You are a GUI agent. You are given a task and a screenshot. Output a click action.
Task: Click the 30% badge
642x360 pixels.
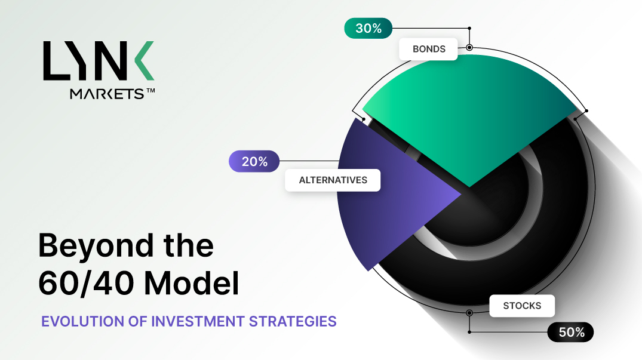click(x=368, y=28)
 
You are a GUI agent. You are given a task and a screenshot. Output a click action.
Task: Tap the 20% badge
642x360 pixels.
click(x=254, y=161)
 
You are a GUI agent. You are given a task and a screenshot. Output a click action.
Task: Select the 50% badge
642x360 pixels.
click(x=570, y=332)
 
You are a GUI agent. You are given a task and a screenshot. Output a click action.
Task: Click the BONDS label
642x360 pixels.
click(x=428, y=49)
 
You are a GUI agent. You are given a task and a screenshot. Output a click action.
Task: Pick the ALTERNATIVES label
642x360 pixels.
click(x=333, y=180)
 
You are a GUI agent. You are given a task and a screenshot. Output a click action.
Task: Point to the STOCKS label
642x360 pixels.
click(x=522, y=306)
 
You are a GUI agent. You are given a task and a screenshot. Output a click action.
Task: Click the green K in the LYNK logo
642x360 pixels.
click(x=143, y=60)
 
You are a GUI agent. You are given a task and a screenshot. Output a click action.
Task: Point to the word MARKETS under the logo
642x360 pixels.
click(x=107, y=94)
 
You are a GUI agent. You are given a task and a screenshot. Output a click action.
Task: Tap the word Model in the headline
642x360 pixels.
click(x=191, y=282)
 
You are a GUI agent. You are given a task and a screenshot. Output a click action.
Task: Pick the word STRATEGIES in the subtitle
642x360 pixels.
click(x=293, y=322)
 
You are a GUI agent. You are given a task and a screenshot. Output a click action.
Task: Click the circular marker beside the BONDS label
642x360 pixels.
click(x=469, y=47)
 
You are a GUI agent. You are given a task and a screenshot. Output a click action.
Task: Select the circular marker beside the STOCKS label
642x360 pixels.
click(x=469, y=313)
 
